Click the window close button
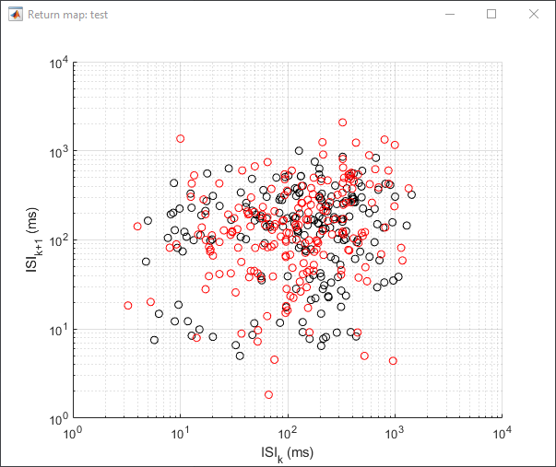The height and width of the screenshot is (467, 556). [534, 14]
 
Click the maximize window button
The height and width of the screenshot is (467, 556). [491, 14]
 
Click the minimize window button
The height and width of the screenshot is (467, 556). [450, 15]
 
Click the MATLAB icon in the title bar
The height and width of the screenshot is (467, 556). [16, 15]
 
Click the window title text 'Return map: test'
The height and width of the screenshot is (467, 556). [67, 15]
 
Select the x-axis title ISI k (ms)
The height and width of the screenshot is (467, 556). [287, 454]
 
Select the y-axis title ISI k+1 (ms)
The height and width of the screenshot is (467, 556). [34, 239]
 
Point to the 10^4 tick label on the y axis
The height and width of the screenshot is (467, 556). [59, 64]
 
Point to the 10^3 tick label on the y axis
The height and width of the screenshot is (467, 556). [59, 152]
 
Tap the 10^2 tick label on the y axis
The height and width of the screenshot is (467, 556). [59, 241]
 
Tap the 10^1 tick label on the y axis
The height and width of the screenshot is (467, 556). [59, 331]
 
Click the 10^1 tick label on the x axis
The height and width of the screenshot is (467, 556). [181, 433]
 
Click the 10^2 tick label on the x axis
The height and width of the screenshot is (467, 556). [288, 433]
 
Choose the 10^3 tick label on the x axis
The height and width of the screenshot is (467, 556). [395, 433]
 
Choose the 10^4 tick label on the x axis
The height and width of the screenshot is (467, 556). [503, 433]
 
